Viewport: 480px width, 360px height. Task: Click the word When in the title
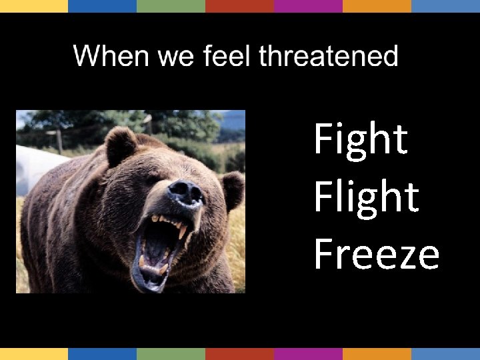[x=111, y=56]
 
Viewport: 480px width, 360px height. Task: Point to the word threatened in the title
[x=328, y=56]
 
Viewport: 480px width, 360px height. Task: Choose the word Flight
[x=366, y=197]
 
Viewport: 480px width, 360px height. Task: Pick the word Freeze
[x=377, y=254]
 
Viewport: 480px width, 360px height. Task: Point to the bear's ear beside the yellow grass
[x=233, y=189]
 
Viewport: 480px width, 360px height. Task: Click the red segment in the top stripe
[x=239, y=6]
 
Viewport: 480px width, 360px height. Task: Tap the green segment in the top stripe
[x=171, y=6]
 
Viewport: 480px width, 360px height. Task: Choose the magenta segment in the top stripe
[x=308, y=6]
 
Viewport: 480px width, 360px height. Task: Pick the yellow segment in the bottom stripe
[x=34, y=353]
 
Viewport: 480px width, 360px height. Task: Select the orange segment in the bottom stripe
[x=377, y=353]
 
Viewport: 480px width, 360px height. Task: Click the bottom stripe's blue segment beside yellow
[x=102, y=353]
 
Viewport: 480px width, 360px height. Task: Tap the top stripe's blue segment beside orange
[x=445, y=6]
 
